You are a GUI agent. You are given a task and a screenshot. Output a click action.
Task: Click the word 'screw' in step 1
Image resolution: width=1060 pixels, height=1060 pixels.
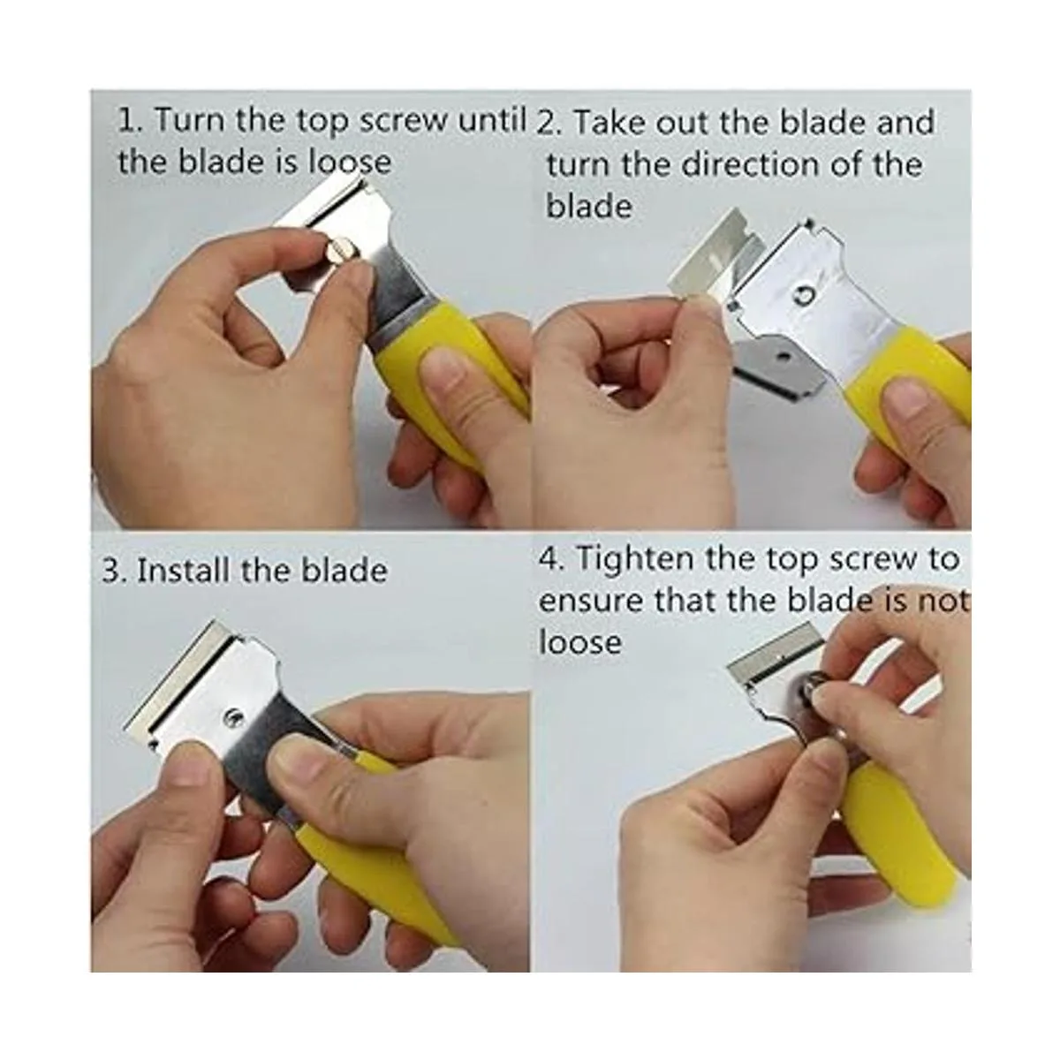coord(405,120)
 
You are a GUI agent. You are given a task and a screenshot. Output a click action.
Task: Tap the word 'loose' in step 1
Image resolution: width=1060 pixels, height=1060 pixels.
coord(349,162)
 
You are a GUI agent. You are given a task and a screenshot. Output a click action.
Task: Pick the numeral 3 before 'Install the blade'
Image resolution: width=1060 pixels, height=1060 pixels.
coord(111,571)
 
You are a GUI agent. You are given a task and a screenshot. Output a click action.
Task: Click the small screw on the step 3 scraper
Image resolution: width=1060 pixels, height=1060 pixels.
coord(231,715)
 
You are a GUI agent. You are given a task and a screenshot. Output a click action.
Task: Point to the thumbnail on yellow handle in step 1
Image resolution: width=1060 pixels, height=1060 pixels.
coord(444,367)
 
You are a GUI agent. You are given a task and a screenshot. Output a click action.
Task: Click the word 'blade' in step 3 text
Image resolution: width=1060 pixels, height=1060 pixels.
coord(344,570)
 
